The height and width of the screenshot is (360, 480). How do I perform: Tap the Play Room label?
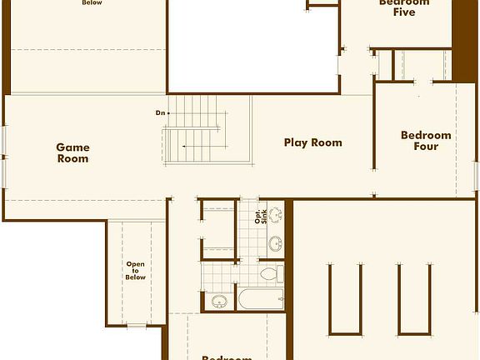(x=313, y=142)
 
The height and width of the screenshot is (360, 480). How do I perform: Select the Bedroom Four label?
(x=426, y=141)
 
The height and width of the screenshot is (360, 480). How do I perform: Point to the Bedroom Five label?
(x=404, y=7)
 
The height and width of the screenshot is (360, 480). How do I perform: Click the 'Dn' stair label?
(x=159, y=112)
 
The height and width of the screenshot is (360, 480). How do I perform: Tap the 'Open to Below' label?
(x=136, y=271)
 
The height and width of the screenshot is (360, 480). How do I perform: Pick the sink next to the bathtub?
(x=219, y=301)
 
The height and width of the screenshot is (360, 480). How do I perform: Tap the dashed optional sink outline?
(x=276, y=214)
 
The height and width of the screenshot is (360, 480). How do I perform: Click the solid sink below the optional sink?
(x=275, y=244)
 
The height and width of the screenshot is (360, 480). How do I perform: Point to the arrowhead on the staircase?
(x=184, y=147)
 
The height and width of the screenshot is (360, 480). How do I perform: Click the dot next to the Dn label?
(x=168, y=112)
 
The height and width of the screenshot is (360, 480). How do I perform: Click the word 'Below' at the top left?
(x=92, y=2)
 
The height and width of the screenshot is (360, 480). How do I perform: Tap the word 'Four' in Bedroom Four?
(x=426, y=147)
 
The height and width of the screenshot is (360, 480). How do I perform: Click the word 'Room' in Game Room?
(x=72, y=158)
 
